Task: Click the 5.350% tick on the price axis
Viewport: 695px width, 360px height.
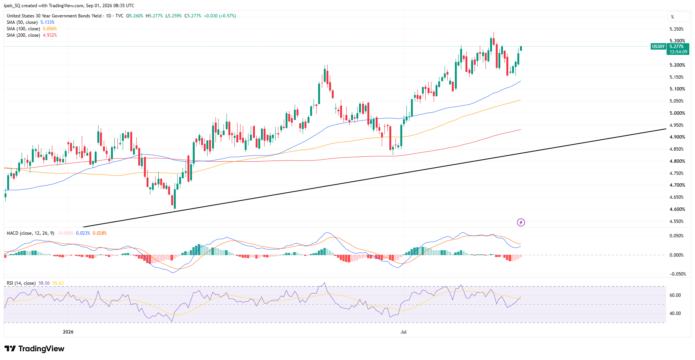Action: (676, 29)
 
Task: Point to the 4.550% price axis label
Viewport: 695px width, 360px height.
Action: (677, 221)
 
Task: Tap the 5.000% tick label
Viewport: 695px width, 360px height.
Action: (677, 113)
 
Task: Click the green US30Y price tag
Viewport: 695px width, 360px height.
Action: (658, 47)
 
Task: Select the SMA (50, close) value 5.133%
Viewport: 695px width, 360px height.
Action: (47, 22)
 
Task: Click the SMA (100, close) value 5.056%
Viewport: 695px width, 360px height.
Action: (50, 29)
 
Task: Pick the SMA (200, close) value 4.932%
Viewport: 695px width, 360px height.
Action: (50, 35)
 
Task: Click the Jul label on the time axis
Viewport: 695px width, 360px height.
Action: (403, 332)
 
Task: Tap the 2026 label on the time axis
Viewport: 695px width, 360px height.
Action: (68, 332)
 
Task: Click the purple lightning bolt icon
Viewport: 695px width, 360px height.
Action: (521, 222)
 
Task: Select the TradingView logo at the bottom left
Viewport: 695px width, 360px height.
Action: (34, 349)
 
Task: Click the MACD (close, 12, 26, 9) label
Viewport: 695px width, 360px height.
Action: (30, 233)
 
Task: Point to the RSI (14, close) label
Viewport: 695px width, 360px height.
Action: (21, 283)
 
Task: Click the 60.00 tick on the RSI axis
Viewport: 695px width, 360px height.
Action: (675, 295)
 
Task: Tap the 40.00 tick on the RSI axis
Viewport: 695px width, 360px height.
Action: (675, 313)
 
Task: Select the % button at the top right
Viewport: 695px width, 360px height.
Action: (678, 17)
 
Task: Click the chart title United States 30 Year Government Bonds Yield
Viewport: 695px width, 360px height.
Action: (54, 16)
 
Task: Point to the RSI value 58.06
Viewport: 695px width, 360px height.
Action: (44, 283)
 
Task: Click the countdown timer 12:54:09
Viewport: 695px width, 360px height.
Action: (678, 52)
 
